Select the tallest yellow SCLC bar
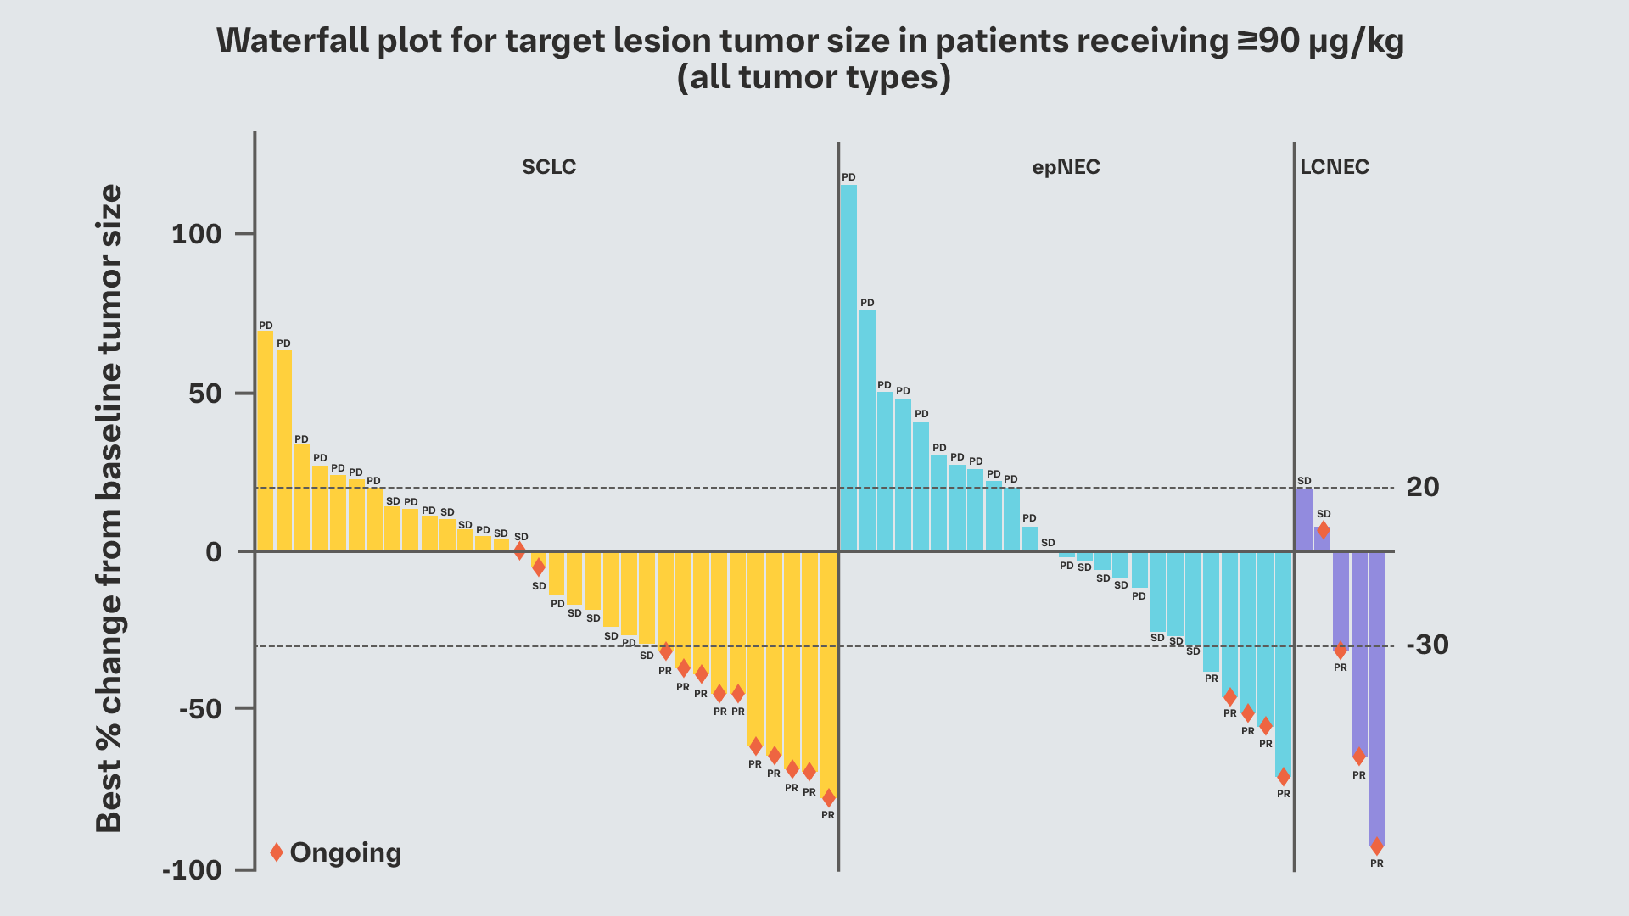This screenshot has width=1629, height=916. pos(266,441)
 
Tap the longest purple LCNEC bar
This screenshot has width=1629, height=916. pos(1377,695)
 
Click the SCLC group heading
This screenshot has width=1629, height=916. pos(549,167)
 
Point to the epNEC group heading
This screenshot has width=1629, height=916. pos(1066,167)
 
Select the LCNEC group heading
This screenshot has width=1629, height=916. pos(1335,167)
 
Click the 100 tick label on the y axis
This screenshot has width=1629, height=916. pos(197,234)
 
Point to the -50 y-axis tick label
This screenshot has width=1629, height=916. pos(200,709)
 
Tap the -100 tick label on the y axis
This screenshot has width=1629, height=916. pos(192,870)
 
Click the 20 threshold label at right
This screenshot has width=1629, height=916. pos(1423,488)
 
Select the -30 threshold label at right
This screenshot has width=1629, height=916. pos(1428,645)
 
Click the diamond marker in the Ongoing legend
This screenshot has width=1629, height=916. pos(277,852)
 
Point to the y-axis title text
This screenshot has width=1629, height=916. pos(109,509)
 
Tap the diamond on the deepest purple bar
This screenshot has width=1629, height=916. pos(1377,846)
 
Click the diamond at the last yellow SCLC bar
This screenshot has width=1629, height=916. pos(829,798)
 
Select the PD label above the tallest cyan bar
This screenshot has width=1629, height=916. pos(848,177)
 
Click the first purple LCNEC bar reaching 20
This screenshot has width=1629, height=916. pos(1304,519)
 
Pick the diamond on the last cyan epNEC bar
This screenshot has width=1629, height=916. pos(1284,777)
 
